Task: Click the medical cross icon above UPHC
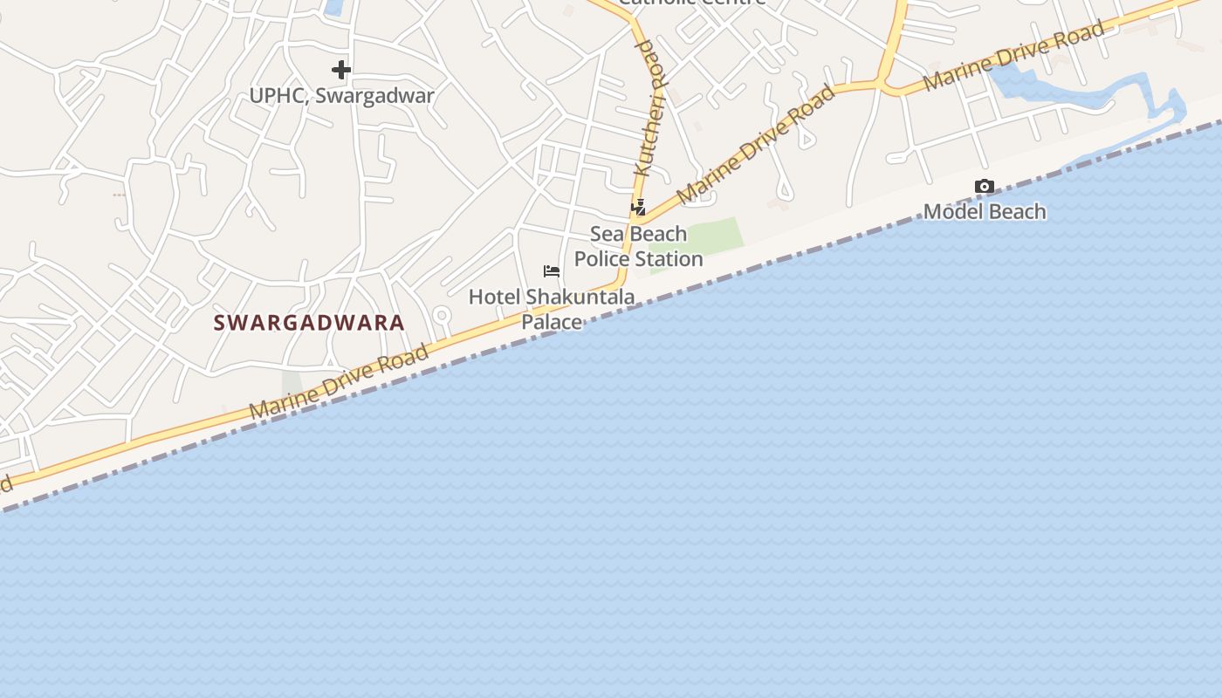(x=341, y=70)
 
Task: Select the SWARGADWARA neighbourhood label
(x=309, y=323)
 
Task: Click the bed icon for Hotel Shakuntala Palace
(x=552, y=271)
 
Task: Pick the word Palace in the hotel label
(x=552, y=322)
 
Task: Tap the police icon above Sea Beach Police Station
(x=639, y=208)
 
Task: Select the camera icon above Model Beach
(x=984, y=186)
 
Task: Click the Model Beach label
(x=984, y=211)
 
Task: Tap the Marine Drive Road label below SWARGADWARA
(x=339, y=382)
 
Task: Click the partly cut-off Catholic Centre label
(x=691, y=3)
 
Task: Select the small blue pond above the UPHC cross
(x=333, y=7)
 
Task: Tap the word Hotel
(x=494, y=297)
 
